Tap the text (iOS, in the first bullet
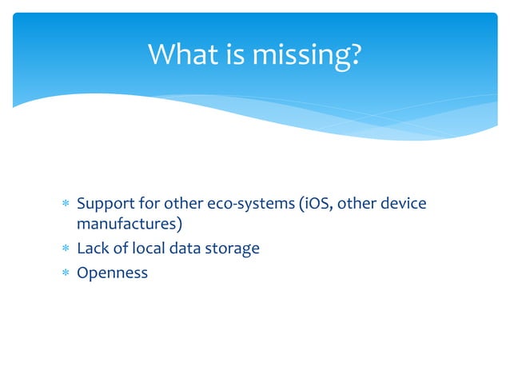[317, 204]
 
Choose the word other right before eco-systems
[189, 204]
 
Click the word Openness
[112, 273]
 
